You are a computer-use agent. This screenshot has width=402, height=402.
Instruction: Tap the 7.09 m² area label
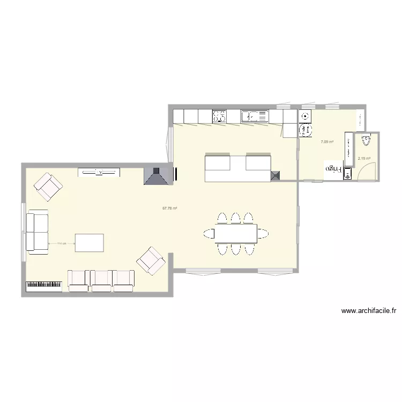click(x=327, y=142)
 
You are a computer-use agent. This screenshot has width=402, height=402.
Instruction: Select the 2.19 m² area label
click(x=364, y=158)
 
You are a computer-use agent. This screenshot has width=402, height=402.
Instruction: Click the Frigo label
click(x=333, y=169)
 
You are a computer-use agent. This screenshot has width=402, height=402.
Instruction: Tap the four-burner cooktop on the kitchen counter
click(x=219, y=116)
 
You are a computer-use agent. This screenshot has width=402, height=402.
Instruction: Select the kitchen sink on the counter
click(x=254, y=116)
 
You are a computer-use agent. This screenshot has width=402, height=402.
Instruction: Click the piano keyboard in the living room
click(x=44, y=286)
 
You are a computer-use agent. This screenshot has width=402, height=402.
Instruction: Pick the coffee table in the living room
click(x=89, y=242)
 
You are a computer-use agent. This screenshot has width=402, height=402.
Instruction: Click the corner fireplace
click(x=157, y=176)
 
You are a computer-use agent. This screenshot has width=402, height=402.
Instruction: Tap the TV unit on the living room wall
click(x=99, y=172)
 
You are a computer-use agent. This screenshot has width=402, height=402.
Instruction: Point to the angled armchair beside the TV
click(x=48, y=186)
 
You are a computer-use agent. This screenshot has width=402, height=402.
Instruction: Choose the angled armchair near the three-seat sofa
click(x=151, y=260)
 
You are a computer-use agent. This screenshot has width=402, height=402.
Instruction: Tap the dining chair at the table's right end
click(x=263, y=233)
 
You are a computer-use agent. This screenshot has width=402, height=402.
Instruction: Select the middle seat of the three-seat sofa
click(x=101, y=281)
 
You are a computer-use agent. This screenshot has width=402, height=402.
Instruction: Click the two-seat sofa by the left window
click(x=38, y=232)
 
